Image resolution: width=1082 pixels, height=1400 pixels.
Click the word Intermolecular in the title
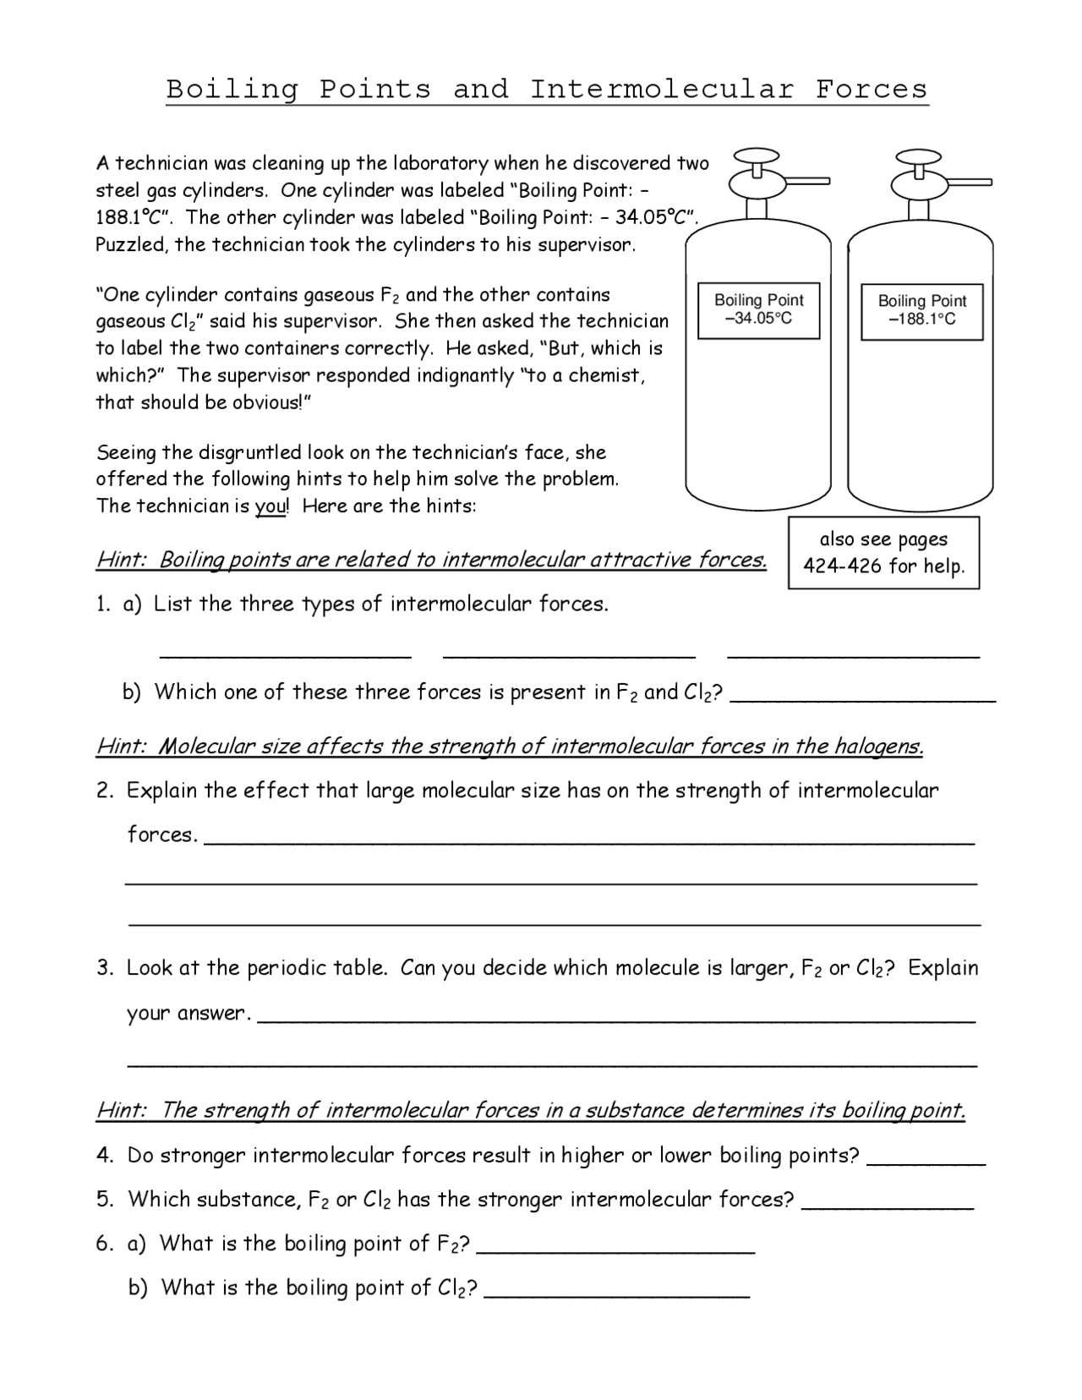point(662,90)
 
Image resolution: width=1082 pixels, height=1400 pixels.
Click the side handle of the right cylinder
point(964,182)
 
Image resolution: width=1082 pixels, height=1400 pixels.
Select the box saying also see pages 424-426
point(883,553)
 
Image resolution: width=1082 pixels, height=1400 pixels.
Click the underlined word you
point(271,506)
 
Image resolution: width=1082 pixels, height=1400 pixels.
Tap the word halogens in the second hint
point(878,746)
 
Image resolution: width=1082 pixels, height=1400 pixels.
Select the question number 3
point(104,969)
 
